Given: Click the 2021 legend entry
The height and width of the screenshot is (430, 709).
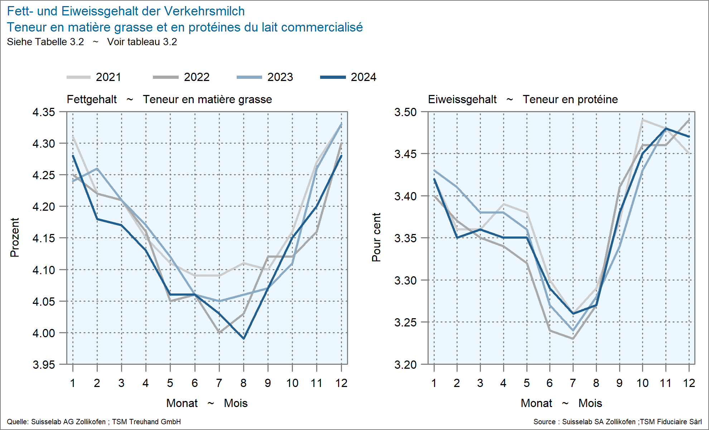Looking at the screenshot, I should (x=94, y=77).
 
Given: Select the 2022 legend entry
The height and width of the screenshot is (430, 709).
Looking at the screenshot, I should (x=181, y=77).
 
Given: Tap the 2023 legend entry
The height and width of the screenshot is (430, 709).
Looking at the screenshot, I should (x=265, y=77).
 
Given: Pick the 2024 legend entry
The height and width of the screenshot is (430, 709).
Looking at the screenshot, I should (x=348, y=77).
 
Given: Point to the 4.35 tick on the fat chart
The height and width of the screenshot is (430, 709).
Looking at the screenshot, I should (x=44, y=112).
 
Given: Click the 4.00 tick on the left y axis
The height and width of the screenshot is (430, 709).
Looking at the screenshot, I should (x=44, y=333).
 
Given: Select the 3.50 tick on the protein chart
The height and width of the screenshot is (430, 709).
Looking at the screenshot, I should (x=405, y=112).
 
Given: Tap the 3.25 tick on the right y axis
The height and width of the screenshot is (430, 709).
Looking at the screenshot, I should (x=405, y=322).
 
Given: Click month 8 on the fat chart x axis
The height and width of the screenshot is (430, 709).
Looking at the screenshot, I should (x=243, y=383).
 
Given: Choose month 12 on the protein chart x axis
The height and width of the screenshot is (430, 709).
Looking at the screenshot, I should (x=689, y=383).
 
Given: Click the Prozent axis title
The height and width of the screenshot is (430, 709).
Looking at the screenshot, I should (x=14, y=238).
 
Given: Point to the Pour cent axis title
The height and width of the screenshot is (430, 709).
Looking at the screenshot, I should (x=376, y=238).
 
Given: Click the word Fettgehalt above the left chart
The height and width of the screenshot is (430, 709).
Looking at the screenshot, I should (x=92, y=99).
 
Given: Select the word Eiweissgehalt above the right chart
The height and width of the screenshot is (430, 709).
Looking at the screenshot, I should (x=462, y=99).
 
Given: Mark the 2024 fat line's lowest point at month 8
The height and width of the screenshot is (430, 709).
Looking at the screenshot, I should (x=243, y=339).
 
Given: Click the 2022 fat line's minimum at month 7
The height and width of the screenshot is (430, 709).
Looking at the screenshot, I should (x=219, y=333).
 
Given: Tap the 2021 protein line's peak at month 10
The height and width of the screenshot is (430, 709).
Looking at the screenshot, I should (x=642, y=120).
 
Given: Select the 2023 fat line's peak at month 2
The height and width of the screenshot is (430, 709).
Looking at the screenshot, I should (x=97, y=168).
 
